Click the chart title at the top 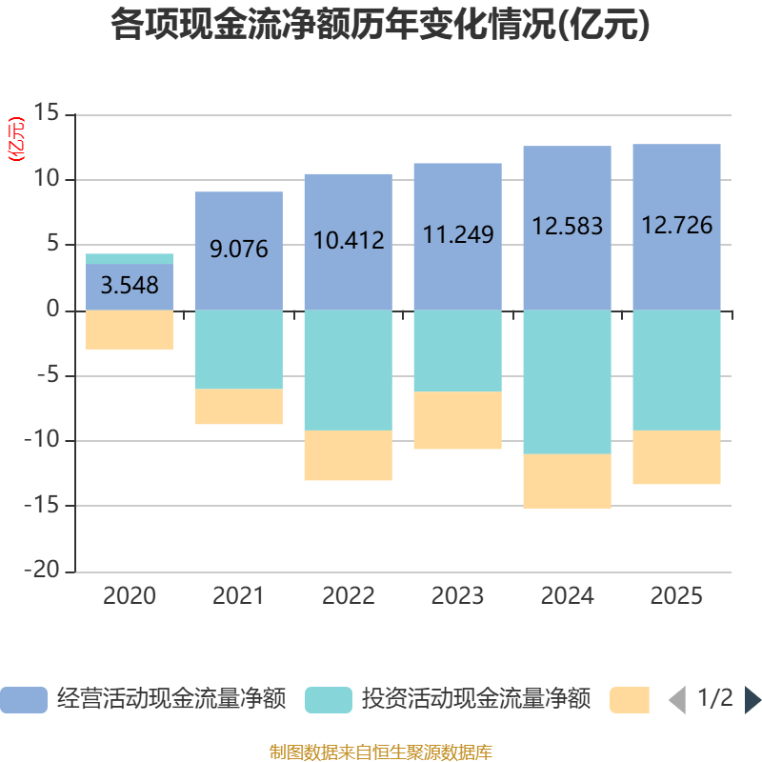tap(380, 25)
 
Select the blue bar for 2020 tap(130, 287)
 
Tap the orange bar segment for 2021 tap(239, 407)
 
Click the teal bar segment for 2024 tap(567, 382)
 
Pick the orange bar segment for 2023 tap(458, 420)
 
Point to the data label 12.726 tap(677, 225)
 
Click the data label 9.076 tap(239, 249)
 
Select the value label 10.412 tap(349, 240)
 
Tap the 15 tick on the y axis tap(46, 112)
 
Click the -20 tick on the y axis tap(42, 570)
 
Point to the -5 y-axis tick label tap(49, 375)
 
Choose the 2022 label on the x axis tap(349, 596)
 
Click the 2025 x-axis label tap(676, 596)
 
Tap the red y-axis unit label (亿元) tap(16, 139)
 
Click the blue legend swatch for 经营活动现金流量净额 tap(24, 700)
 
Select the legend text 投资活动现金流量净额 tap(476, 699)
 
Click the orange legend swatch tap(630, 700)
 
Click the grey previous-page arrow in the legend tap(677, 700)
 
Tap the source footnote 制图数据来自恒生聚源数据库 tap(381, 752)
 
